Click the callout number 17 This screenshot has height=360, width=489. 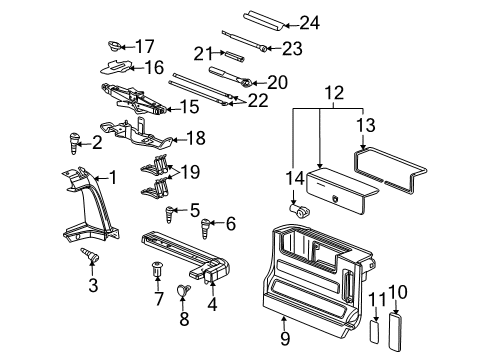point(147,45)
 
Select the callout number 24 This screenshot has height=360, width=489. point(309,21)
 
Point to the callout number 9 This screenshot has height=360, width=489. point(285,322)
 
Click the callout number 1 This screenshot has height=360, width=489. point(113,178)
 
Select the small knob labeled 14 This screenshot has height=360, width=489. point(297,212)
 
